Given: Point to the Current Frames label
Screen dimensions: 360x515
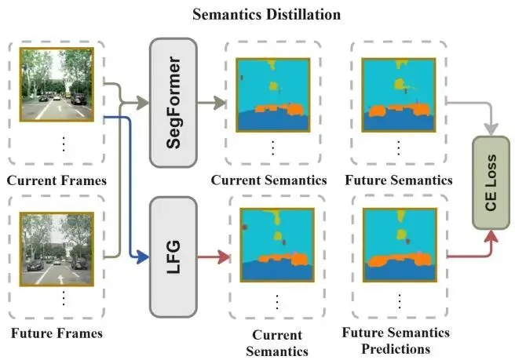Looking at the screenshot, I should pyautogui.click(x=57, y=180).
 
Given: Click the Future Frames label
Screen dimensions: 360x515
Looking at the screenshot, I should pyautogui.click(x=57, y=333).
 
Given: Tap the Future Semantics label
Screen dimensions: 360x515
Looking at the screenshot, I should pyautogui.click(x=398, y=180).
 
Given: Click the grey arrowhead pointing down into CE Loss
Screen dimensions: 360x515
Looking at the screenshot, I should pyautogui.click(x=492, y=128).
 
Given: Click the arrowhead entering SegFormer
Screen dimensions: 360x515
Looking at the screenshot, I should pyautogui.click(x=144, y=102).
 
